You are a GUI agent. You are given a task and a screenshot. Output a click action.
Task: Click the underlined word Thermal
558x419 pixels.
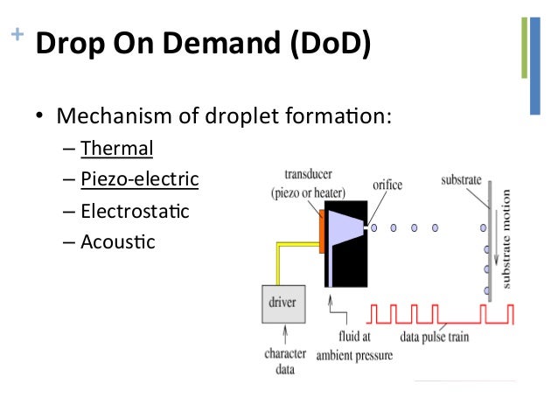coord(116,148)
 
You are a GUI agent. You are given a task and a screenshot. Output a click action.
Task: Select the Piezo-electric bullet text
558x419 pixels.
coord(139,179)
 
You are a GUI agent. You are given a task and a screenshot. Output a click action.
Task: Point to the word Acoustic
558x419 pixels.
coord(117,241)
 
